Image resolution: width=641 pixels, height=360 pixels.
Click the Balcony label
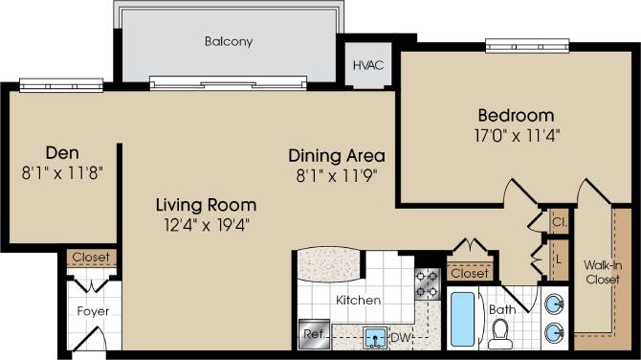(x=227, y=42)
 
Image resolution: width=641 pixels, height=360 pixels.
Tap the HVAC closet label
(x=367, y=65)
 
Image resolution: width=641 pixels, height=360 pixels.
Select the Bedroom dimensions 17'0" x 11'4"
(x=517, y=135)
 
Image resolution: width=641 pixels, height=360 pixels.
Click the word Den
(x=62, y=152)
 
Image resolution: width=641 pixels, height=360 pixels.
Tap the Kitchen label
(x=358, y=300)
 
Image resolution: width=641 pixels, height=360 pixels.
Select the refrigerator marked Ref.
(x=313, y=334)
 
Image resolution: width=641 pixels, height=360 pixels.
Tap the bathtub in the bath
(x=461, y=321)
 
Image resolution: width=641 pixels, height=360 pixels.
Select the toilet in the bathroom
(x=498, y=332)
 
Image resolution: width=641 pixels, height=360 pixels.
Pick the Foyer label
(x=93, y=312)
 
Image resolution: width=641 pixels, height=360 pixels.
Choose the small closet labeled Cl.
(x=557, y=220)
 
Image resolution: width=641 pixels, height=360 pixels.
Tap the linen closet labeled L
(x=558, y=259)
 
